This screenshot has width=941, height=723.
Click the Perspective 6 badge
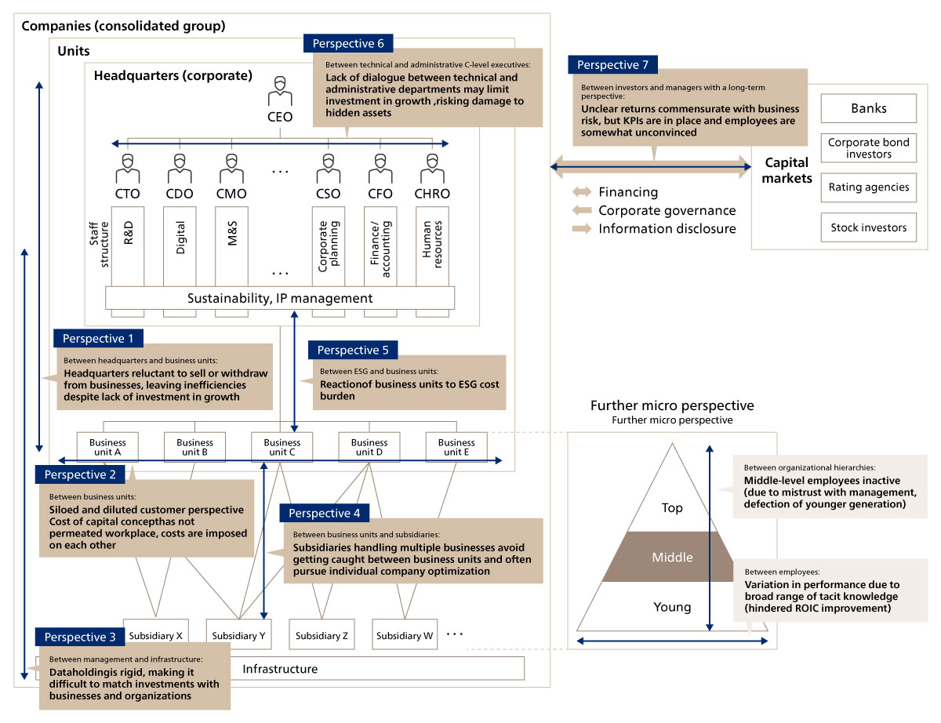coord(348,44)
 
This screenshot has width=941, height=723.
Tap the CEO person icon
coord(279,92)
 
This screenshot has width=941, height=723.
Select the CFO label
coord(380,193)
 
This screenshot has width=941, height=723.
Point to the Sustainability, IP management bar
coord(280,298)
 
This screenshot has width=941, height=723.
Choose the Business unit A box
coord(107,447)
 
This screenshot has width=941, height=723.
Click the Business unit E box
coord(456,447)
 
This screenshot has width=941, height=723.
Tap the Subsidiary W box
coord(405,636)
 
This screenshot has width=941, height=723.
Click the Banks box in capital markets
coord(868,108)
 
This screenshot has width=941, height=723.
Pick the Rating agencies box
coord(868,187)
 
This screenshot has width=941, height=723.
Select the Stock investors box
coord(868,227)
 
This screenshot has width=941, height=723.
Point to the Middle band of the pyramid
coord(672,558)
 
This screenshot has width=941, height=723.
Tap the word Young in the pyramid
coord(672,606)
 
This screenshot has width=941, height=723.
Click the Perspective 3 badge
coord(80,638)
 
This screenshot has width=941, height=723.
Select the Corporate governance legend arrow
coord(582,210)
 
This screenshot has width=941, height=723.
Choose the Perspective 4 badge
coord(324,513)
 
